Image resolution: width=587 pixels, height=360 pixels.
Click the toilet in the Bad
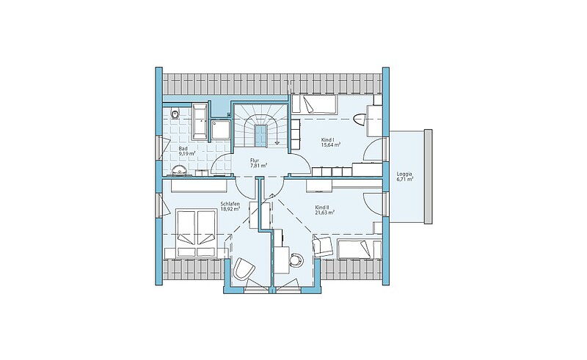pos(174,113)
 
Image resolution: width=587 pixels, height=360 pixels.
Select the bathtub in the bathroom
pos(200,120)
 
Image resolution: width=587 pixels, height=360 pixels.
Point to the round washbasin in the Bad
pos(179,170)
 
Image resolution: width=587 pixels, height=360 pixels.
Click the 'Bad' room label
pos(183,149)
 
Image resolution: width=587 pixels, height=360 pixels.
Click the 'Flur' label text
pos(255,160)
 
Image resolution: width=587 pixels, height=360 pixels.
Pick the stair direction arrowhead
pos(277,142)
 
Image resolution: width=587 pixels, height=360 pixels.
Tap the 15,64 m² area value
pos(331,145)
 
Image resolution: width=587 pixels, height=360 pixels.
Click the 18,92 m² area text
pos(230,209)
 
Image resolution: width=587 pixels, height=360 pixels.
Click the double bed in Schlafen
pos(196,232)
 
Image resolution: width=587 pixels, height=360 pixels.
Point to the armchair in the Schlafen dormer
pos(244,268)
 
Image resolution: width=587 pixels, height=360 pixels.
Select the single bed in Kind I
pos(315,104)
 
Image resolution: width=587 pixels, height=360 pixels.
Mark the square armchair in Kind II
pos(322,246)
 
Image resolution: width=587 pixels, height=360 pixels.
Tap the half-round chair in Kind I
pos(360,119)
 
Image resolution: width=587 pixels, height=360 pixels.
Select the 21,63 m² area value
pos(324,212)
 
